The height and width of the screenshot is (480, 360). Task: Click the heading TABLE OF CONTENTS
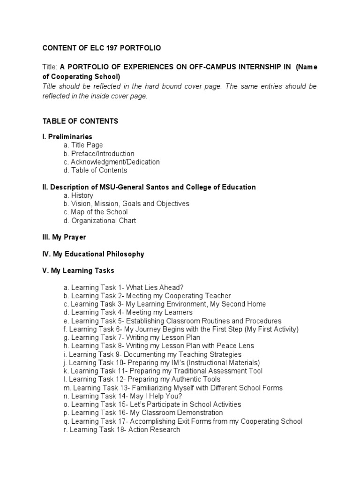80,121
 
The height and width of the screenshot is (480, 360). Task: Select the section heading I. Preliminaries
67,136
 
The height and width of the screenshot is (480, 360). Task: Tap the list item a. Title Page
83,145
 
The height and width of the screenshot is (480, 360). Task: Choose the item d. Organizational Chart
103,221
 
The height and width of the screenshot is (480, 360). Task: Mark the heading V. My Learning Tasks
78,271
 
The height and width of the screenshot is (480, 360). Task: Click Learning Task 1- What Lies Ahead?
124,287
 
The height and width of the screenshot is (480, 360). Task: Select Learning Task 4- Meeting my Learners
128,312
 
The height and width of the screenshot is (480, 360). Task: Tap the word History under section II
82,195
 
